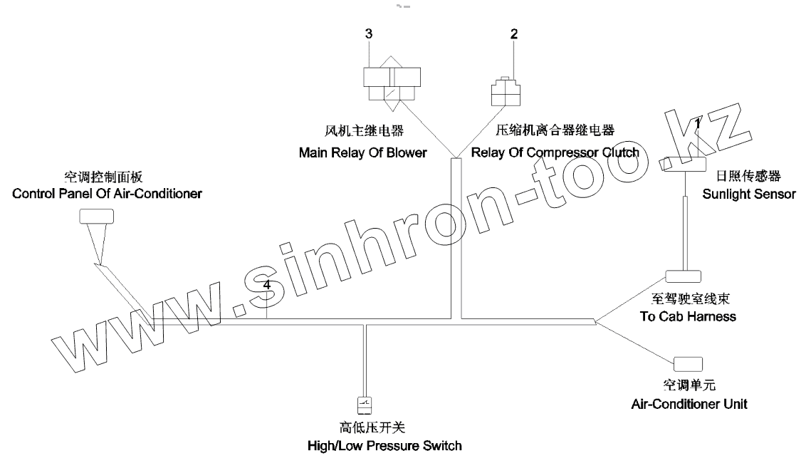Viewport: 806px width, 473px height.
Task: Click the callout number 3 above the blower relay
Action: pyautogui.click(x=368, y=33)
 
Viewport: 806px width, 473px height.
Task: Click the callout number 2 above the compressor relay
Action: pyautogui.click(x=513, y=33)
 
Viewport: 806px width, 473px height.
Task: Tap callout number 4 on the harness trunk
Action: pyautogui.click(x=266, y=285)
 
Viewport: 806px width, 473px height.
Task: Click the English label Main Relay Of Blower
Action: pyautogui.click(x=362, y=152)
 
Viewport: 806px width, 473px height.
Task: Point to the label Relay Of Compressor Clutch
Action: pyautogui.click(x=555, y=152)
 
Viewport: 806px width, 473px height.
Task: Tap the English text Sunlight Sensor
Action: pyautogui.click(x=749, y=194)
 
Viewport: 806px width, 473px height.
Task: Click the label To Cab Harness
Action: pyautogui.click(x=688, y=316)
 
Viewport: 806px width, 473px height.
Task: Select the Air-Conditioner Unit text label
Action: pyautogui.click(x=689, y=404)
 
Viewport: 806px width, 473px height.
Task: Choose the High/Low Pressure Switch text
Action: pyautogui.click(x=384, y=446)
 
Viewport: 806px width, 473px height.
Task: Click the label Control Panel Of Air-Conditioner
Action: pyautogui.click(x=108, y=193)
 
